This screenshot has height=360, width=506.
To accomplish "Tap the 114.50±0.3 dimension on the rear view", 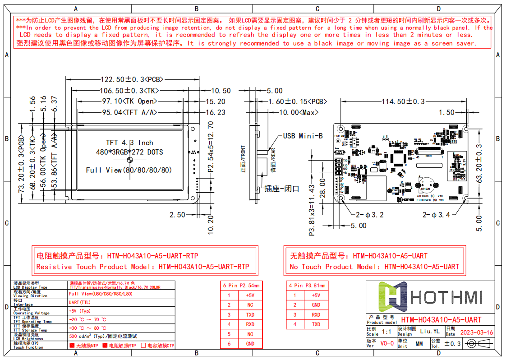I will click(403, 102).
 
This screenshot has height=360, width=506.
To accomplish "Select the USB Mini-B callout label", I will click(303, 136).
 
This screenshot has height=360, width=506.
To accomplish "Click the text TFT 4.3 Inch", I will click(129, 143).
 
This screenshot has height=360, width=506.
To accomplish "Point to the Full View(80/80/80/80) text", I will click(129, 170).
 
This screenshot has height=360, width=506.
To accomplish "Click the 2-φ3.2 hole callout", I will click(369, 215).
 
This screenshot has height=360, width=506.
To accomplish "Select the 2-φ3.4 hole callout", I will click(436, 215).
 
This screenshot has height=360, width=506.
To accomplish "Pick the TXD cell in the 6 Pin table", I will click(250, 314).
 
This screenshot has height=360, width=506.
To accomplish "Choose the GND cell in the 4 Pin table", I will click(316, 305).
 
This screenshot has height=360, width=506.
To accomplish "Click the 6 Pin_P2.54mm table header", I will click(241, 286).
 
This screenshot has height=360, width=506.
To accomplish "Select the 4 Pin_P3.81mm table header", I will click(307, 286).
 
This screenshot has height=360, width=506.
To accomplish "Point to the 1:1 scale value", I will click(386, 332).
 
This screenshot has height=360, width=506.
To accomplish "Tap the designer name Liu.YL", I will click(429, 332).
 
